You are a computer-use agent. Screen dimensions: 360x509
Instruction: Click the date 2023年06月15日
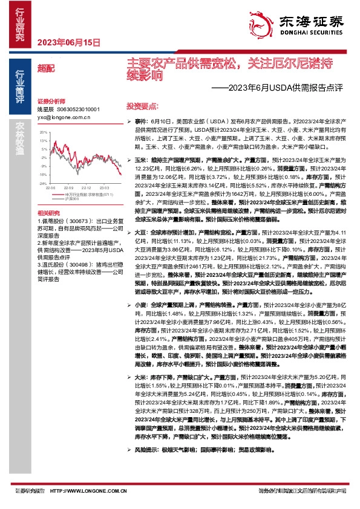click(68, 42)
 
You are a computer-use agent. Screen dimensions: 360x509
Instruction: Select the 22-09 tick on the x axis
click(68, 188)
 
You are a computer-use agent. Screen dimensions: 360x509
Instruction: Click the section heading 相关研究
click(48, 213)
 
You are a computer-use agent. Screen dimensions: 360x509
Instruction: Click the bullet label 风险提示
click(147, 450)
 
